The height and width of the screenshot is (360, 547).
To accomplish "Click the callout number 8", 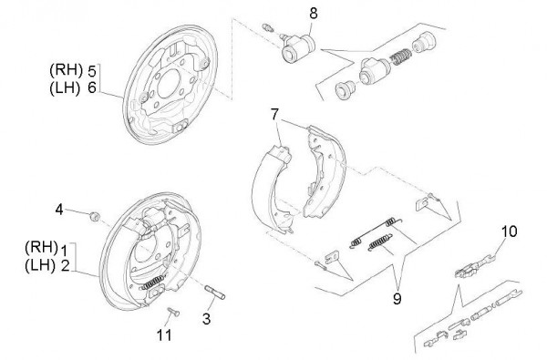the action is tap(314, 14).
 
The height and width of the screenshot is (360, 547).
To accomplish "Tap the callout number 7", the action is tap(275, 115).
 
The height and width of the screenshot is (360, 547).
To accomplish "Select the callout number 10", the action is tap(510, 231).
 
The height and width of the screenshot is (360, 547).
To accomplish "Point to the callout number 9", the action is tap(397, 299).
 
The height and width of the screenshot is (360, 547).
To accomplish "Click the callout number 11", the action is tap(164, 335).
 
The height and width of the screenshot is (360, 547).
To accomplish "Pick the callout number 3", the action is tap(207, 319).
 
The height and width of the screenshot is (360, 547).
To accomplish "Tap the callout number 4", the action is tap(59, 210).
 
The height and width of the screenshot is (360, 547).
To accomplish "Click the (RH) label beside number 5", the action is tap(67, 70).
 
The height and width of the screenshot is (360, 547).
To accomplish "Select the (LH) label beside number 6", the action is tap(65, 87).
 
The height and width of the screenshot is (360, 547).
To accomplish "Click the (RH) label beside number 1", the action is tap(41, 247).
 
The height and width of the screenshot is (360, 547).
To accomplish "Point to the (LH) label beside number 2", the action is tap(40, 266).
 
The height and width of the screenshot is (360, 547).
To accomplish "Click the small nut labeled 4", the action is tap(95, 216).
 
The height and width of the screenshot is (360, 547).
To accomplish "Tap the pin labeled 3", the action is tap(214, 293).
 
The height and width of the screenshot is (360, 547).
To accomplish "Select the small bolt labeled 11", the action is tap(173, 312).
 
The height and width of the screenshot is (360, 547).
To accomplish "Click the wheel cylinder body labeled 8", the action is tap(297, 49).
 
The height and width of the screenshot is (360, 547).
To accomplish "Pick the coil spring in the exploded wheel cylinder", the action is tap(400, 57).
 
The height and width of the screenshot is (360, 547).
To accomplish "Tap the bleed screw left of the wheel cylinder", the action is tap(268, 26).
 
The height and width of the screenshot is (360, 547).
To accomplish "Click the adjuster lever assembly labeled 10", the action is tap(475, 266).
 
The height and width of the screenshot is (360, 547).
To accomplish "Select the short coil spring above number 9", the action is tap(380, 242).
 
